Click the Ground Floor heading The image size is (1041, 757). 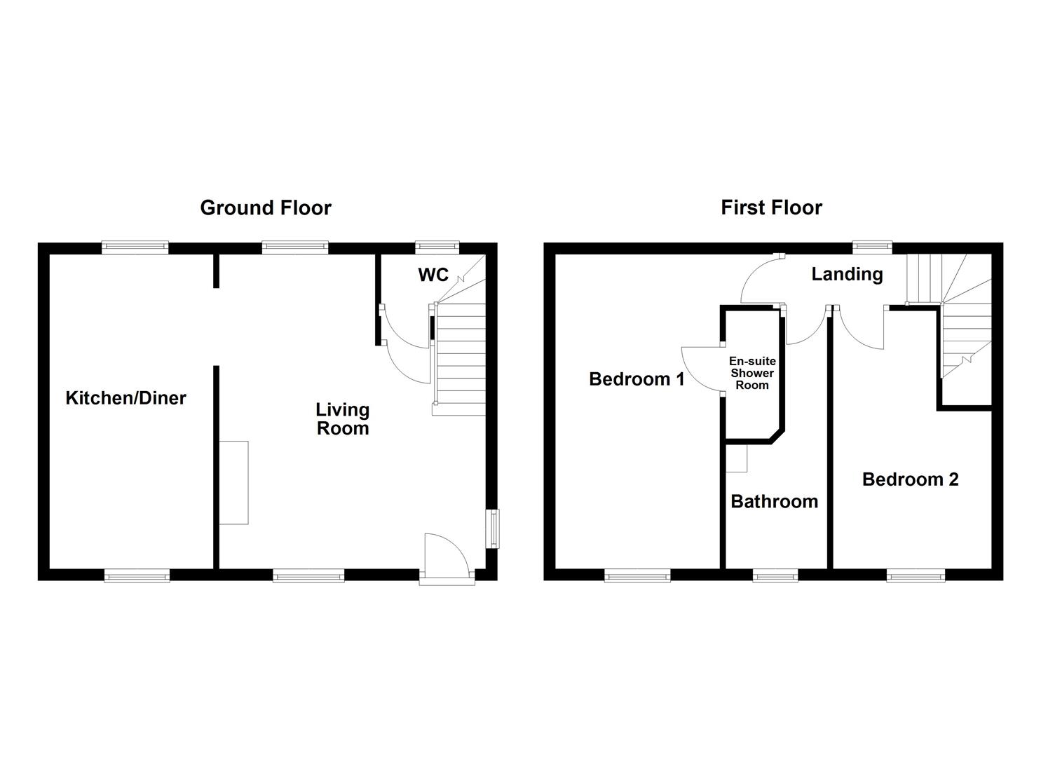coord(266,207)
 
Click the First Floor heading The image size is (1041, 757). coord(771,207)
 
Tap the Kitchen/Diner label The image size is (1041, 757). coord(126,398)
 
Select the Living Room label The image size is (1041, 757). coord(343,418)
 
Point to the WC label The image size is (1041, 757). coord(433,275)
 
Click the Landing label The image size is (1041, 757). coord(847,274)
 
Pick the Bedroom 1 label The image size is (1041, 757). coord(637,379)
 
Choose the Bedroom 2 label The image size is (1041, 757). coord(911,479)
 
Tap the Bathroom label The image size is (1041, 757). coord(774,501)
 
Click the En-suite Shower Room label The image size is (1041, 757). coord(752,373)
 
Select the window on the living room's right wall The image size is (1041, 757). coord(493,528)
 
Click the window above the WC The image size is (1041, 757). coord(437,247)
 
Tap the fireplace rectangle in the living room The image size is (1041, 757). coord(233,483)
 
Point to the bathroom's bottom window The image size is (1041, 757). coord(775,576)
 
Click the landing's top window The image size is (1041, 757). coord(872,247)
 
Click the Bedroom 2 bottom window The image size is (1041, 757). coord(916,576)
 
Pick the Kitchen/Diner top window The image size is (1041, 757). coord(135,247)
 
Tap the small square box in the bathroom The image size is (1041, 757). coord(737,459)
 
